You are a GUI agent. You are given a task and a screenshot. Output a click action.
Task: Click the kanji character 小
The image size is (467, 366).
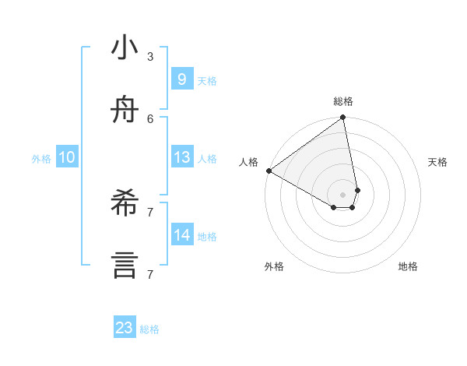[125, 48]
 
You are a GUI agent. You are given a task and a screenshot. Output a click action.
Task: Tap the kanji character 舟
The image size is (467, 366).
[125, 111]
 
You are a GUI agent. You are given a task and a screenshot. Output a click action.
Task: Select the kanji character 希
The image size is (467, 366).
[125, 204]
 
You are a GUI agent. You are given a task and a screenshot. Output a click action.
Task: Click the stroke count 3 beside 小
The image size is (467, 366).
[150, 56]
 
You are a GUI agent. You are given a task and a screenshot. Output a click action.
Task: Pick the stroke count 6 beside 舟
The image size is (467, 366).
[150, 118]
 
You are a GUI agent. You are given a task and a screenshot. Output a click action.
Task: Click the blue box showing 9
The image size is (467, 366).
[181, 79]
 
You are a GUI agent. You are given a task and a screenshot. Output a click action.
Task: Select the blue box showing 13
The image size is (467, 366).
[181, 157]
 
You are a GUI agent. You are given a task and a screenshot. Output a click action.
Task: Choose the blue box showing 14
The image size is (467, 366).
[181, 235]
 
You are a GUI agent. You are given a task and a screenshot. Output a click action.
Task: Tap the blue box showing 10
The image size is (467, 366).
[67, 157]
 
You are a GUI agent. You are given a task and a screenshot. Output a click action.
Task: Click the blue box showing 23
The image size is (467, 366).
[125, 328]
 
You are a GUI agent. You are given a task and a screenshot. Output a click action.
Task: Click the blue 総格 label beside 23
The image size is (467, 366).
[149, 329]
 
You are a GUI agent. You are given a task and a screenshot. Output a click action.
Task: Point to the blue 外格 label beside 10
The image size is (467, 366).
[41, 159]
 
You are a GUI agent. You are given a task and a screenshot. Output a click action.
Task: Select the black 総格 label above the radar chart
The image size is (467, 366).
[343, 101]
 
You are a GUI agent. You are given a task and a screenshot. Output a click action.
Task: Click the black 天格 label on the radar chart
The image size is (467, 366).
[438, 162]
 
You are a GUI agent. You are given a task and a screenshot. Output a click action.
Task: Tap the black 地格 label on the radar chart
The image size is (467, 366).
[408, 266]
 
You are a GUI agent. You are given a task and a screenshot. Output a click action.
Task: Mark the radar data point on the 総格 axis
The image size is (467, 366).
[343, 118]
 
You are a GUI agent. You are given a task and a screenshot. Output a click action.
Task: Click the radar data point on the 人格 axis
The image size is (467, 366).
[269, 171]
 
